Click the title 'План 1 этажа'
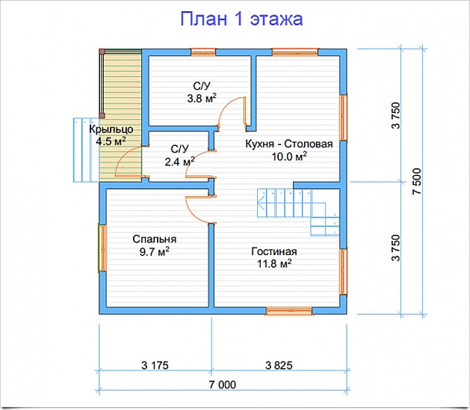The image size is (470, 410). coord(241,19)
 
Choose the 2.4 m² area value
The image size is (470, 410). coord(179,160)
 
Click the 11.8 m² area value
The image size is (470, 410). coord(273,263)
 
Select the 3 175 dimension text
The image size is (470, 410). coord(155,365)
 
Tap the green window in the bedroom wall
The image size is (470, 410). coord(100,248)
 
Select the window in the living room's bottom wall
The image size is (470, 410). coord(289,309)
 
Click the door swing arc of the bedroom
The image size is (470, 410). coord(197,206)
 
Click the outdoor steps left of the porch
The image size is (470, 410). coord(85,150)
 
